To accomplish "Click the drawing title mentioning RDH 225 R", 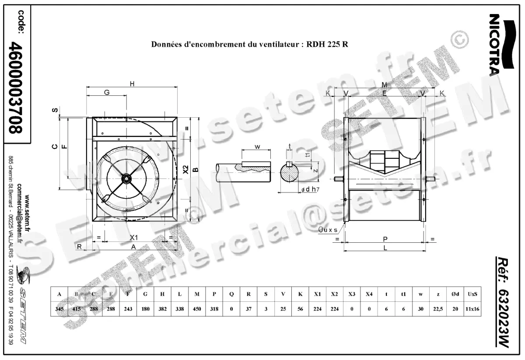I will [249, 44].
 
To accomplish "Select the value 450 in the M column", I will [197, 309].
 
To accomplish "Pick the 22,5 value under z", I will [437, 309].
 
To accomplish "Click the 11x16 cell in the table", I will [472, 309].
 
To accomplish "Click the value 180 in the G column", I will [145, 309].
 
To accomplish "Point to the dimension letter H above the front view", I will [131, 84].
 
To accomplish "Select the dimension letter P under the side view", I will [385, 239].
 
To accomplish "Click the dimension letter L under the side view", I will [385, 248].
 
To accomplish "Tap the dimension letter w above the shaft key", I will [257, 147].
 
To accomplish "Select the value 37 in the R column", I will [248, 309].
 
